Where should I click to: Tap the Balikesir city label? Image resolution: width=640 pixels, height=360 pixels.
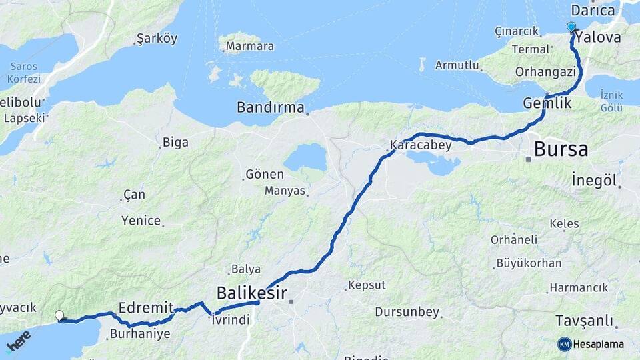pyautogui.click(x=251, y=293)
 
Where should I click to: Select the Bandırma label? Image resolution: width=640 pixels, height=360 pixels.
pyautogui.click(x=271, y=107)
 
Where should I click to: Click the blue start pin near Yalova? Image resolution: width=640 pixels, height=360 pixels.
pyautogui.click(x=571, y=27)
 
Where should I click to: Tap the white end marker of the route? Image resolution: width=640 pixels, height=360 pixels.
pyautogui.click(x=59, y=315)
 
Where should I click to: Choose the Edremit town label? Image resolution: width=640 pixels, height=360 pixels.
pyautogui.click(x=145, y=307)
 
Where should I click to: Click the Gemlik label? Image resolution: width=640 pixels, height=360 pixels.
pyautogui.click(x=547, y=103)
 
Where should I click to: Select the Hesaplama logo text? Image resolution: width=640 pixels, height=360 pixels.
pyautogui.click(x=598, y=344)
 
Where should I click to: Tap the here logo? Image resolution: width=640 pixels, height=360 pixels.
pyautogui.click(x=18, y=341)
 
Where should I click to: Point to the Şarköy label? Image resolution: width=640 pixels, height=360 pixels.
pyautogui.click(x=157, y=39)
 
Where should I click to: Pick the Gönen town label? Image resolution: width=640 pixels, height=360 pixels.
pyautogui.click(x=265, y=174)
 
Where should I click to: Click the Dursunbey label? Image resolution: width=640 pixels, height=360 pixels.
pyautogui.click(x=407, y=311)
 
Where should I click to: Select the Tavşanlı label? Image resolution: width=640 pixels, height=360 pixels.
pyautogui.click(x=585, y=321)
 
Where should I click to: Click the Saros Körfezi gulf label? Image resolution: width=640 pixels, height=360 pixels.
pyautogui.click(x=25, y=73)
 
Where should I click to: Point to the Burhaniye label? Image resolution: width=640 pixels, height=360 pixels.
pyautogui.click(x=140, y=333)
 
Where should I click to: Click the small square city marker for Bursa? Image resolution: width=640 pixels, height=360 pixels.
pyautogui.click(x=528, y=159)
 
